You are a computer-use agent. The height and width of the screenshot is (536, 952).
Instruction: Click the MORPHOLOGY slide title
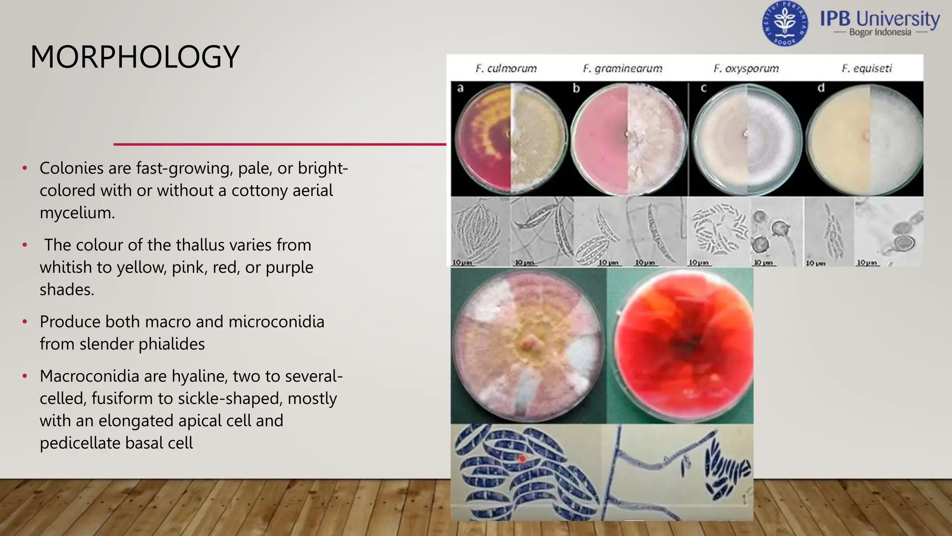point(135,57)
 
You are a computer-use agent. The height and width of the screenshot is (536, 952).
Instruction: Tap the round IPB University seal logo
point(785,23)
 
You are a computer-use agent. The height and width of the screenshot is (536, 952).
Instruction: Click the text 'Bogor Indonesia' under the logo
point(879,32)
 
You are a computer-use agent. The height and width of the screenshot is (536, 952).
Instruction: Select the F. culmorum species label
point(506,68)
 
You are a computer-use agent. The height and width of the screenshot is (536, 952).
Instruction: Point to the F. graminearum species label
point(622,68)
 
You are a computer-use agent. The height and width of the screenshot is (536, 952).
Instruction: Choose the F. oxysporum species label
point(746,68)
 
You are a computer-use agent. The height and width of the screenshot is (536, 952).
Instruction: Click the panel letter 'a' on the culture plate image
point(460,88)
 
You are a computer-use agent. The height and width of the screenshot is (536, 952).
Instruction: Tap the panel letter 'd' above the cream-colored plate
point(821,88)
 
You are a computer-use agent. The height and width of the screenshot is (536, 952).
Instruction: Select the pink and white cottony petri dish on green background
point(528,345)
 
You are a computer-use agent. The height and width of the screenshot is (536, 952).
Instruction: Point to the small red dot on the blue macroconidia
point(522,458)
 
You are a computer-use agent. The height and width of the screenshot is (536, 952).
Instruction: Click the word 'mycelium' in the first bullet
point(77,213)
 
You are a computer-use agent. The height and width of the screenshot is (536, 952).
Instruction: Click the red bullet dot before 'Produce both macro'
point(25,322)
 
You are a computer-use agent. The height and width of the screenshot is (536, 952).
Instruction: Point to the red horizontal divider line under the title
point(279,144)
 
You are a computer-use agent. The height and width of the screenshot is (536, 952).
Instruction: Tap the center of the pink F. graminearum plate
point(628,135)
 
